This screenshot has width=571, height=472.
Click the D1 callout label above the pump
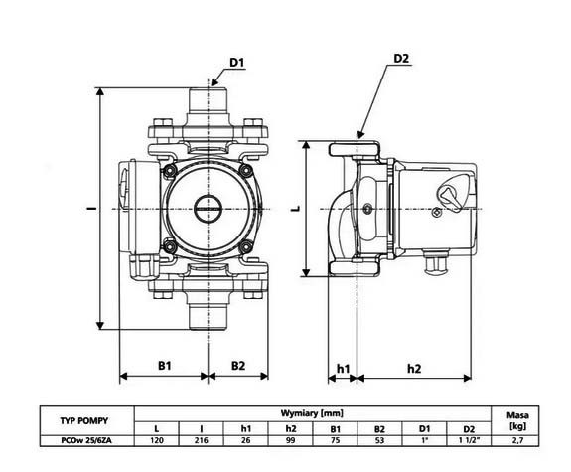click(236, 63)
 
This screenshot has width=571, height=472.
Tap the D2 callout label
click(401, 59)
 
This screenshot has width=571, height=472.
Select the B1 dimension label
click(165, 366)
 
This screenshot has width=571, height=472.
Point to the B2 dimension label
click(238, 366)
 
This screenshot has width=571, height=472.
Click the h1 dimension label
click(343, 369)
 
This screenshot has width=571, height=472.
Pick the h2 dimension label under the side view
click(414, 369)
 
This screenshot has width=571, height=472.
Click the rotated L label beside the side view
click(297, 209)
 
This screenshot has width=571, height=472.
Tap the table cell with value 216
click(201, 440)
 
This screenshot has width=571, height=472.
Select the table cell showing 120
click(157, 440)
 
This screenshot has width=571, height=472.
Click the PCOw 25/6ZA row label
click(86, 440)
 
